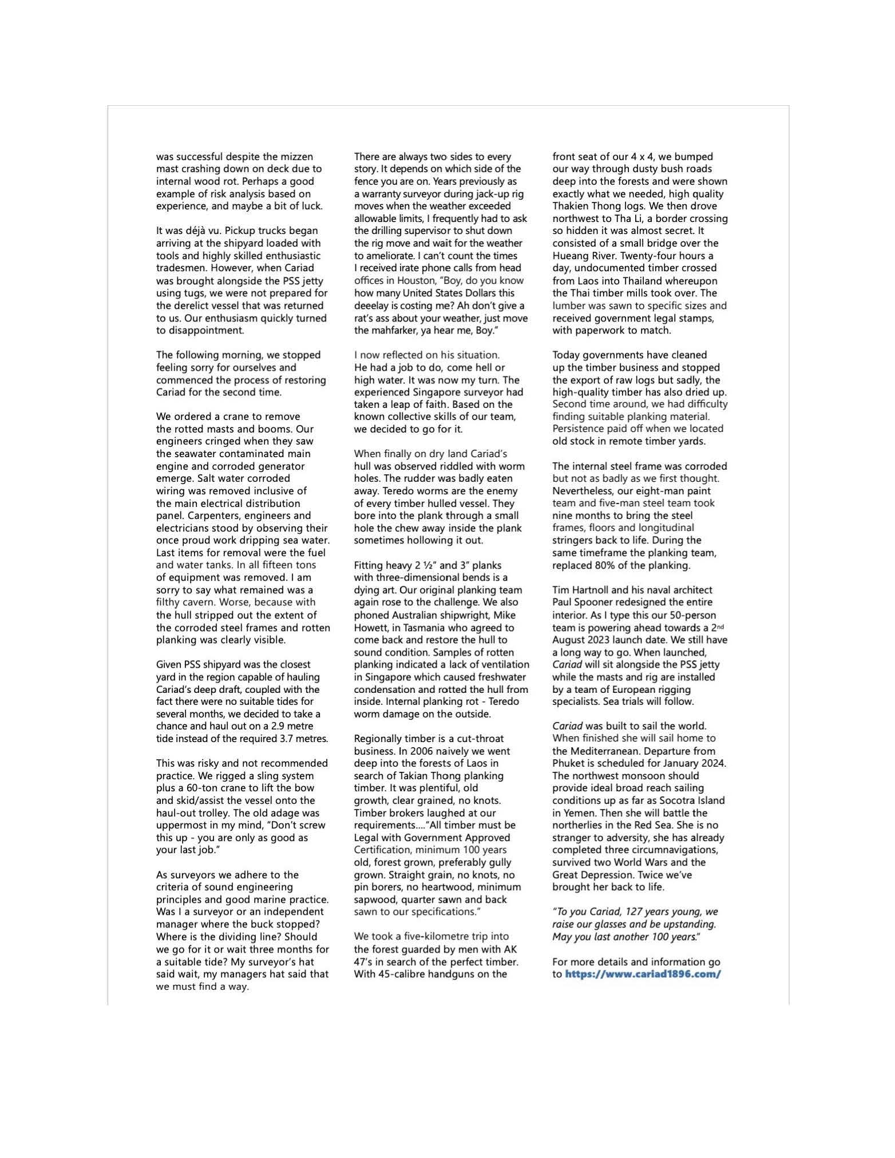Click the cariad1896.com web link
tap(642, 974)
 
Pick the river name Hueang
tap(571, 256)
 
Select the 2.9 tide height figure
tap(274, 726)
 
